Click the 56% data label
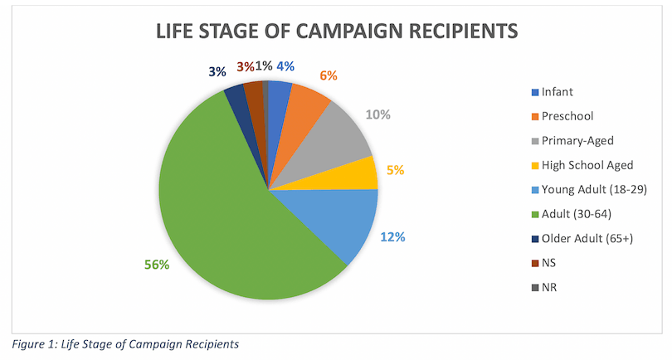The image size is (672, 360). [157, 265]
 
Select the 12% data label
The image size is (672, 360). [392, 237]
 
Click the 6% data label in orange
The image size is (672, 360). [329, 75]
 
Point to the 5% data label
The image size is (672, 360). [395, 171]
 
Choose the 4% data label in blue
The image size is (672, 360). [285, 66]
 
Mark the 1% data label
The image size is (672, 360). [264, 66]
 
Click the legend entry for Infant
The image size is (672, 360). [558, 91]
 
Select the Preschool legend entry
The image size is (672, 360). [566, 116]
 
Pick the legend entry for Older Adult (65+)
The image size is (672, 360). [586, 240]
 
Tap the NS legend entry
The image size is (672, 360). [549, 264]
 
